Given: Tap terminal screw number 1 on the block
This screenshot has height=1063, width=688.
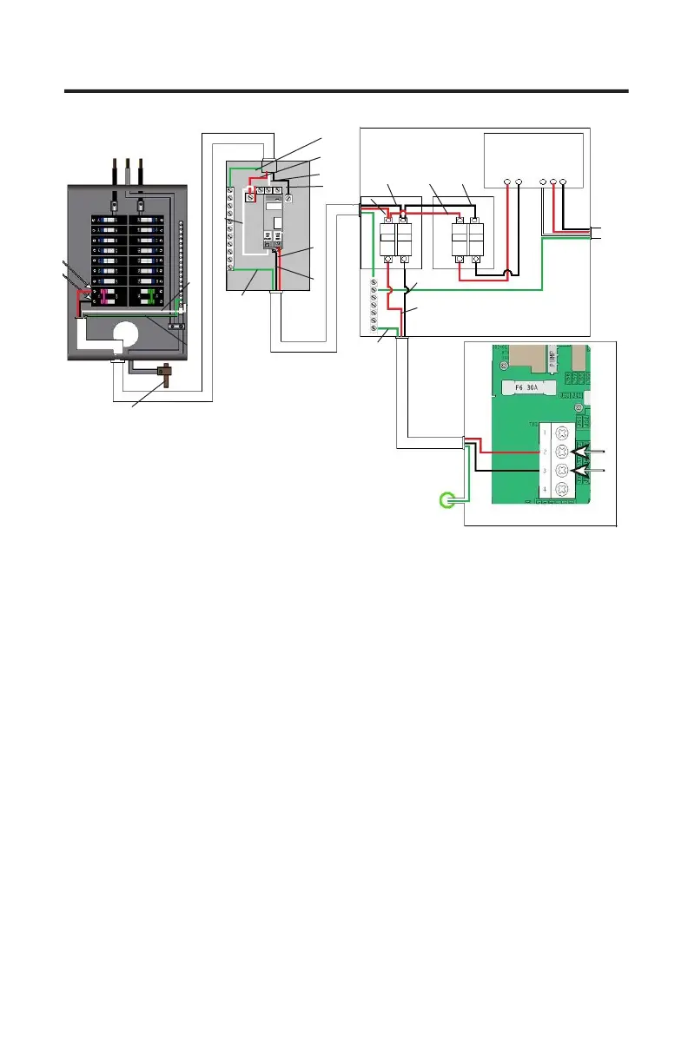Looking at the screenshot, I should (x=560, y=432).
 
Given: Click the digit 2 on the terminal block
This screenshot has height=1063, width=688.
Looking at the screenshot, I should (x=545, y=452).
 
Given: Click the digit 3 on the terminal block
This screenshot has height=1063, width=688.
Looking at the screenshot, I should (x=545, y=472).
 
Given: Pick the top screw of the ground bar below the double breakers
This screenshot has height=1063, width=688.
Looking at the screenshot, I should (x=374, y=284).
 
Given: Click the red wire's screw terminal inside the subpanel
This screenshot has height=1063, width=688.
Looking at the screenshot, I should (x=251, y=198).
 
